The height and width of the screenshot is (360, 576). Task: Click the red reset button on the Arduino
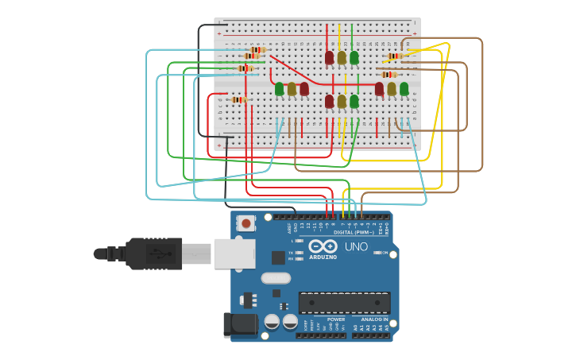(x=246, y=223)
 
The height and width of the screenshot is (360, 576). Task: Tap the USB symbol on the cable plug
(x=162, y=255)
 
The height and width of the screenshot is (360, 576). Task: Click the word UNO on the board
(x=357, y=246)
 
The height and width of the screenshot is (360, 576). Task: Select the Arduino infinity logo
(x=323, y=246)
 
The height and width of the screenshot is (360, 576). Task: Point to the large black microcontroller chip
(x=344, y=302)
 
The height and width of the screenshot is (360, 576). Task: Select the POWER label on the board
(x=336, y=319)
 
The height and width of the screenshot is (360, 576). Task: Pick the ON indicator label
(x=385, y=253)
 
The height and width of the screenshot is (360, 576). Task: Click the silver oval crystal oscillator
(x=276, y=278)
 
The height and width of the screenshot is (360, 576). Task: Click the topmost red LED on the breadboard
(x=329, y=57)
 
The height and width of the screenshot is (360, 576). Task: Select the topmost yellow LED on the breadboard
(x=342, y=57)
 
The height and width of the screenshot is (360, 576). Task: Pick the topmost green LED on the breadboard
(x=354, y=57)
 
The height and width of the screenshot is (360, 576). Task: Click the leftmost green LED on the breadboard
(x=279, y=89)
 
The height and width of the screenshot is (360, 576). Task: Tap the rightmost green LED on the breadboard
(x=404, y=88)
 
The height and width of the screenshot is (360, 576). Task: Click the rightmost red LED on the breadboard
(x=379, y=88)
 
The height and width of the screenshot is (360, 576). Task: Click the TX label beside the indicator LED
(x=291, y=252)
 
